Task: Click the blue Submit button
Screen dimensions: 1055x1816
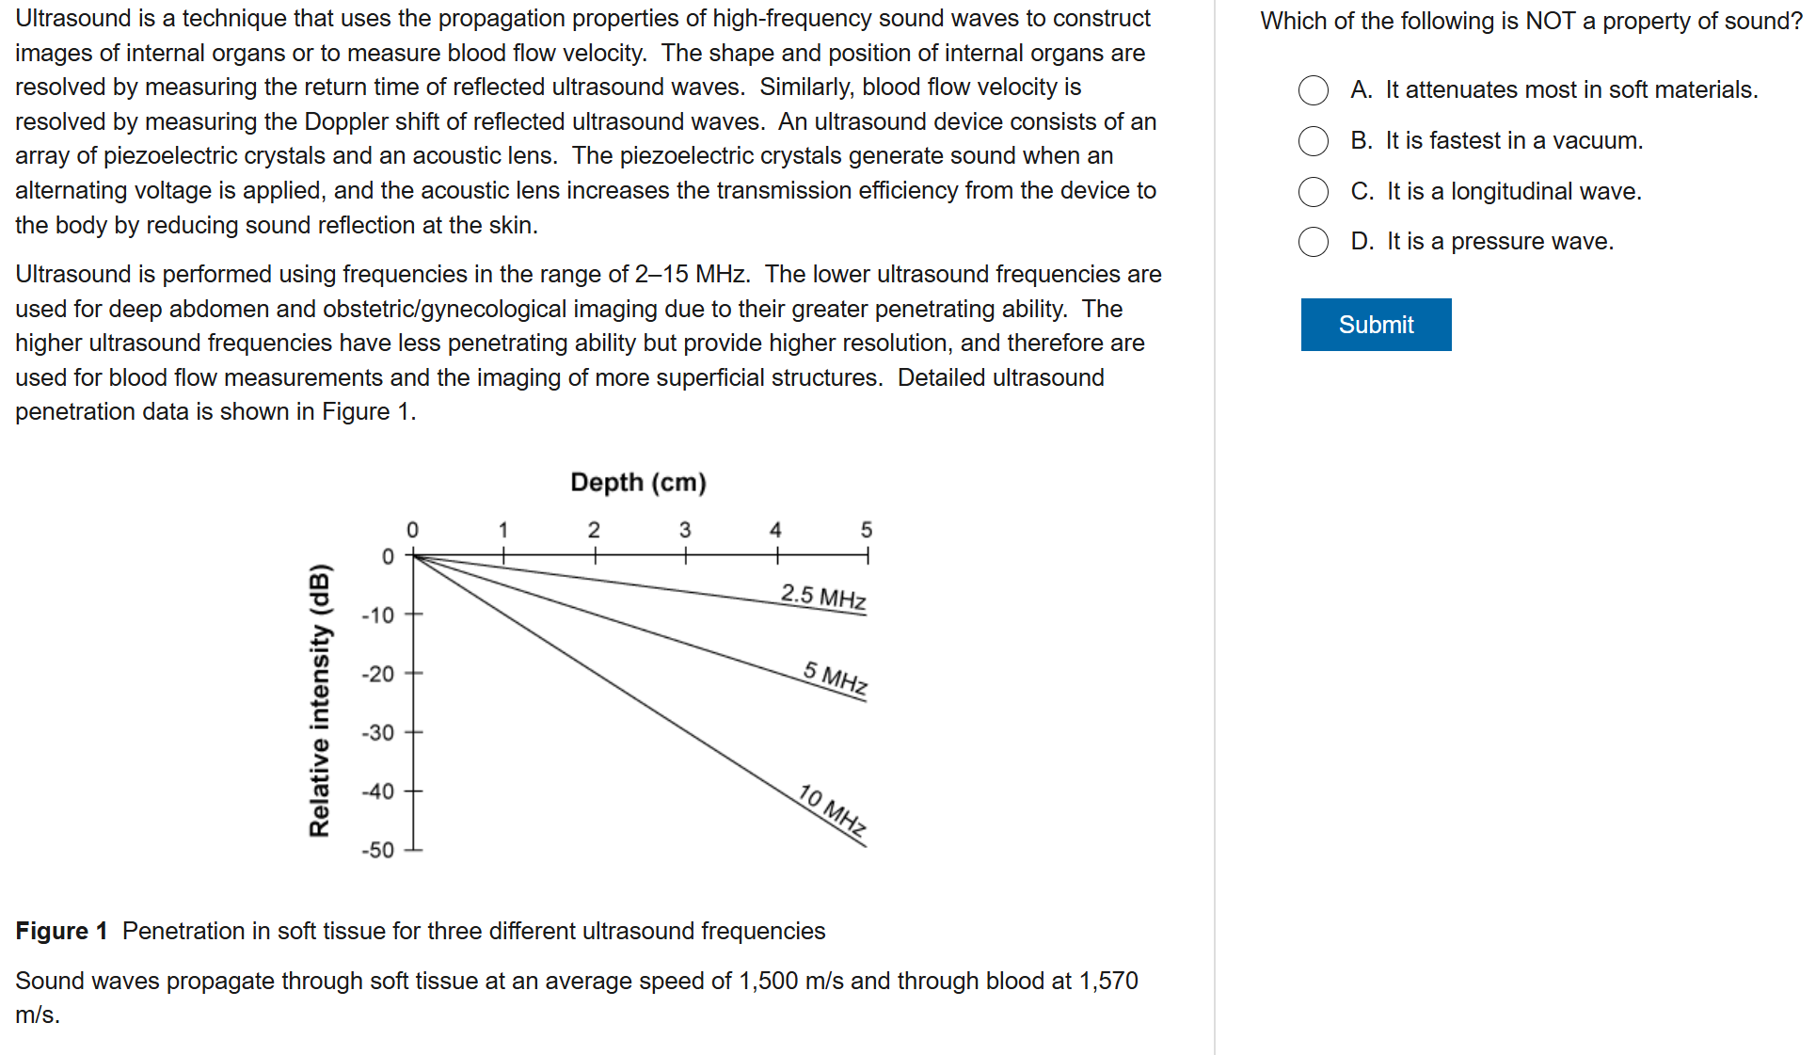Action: coord(1376,325)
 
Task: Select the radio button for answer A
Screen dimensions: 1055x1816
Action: coord(1314,90)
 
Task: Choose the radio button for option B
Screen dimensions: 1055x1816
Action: coord(1314,141)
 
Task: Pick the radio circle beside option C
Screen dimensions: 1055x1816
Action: coord(1314,192)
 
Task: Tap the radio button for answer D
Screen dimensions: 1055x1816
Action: coord(1314,242)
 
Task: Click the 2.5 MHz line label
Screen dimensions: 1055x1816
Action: coord(823,597)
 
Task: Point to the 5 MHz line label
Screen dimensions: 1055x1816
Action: coord(836,679)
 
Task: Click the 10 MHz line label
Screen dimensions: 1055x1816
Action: coord(833,809)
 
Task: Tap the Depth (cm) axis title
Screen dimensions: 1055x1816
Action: coord(638,483)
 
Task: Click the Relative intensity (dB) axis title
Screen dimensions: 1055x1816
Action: coord(320,699)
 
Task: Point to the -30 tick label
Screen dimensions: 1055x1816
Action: coord(378,732)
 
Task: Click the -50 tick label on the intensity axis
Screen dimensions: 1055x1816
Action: coord(378,850)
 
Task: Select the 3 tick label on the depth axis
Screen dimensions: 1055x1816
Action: coord(685,530)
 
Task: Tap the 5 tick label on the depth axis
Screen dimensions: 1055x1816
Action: coord(867,530)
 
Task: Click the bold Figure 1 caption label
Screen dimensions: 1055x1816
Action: coord(61,931)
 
